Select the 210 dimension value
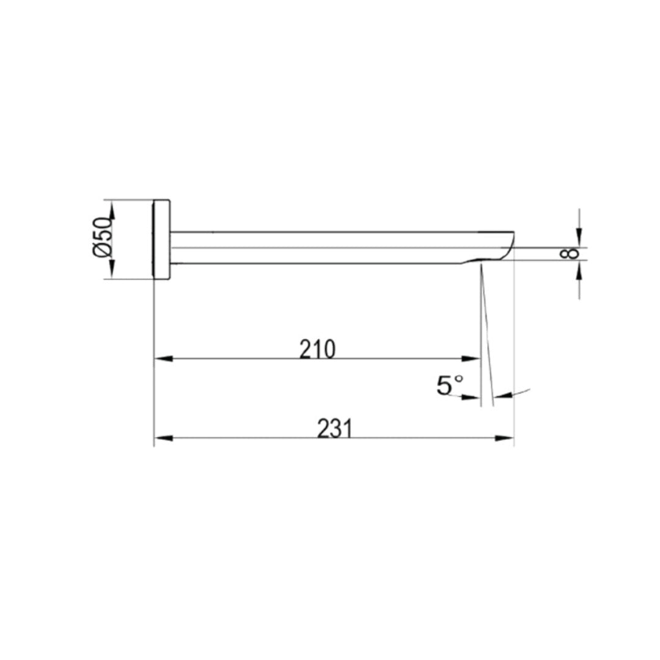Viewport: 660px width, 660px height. click(x=317, y=349)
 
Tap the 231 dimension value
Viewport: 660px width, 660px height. click(x=334, y=429)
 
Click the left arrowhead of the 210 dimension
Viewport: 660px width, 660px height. click(x=164, y=359)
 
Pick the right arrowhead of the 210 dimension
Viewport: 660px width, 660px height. click(x=471, y=359)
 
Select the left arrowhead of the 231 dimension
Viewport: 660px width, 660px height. click(x=164, y=438)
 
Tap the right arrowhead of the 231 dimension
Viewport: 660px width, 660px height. click(x=504, y=438)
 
